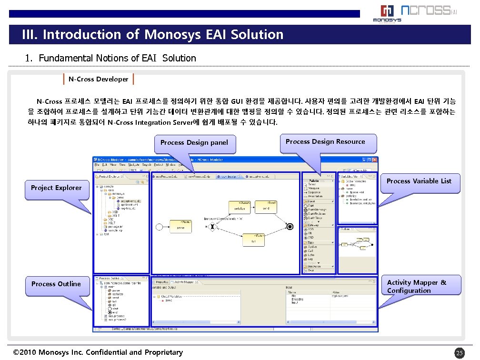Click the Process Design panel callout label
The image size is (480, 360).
point(194,143)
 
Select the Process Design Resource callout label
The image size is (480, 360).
point(325,142)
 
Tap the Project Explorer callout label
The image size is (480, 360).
point(56,188)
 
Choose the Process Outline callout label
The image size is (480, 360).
point(56,284)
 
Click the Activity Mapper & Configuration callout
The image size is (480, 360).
point(417,287)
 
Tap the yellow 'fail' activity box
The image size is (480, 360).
point(253,240)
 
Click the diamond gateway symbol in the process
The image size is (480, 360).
point(213,227)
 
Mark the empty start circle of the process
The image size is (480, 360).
point(160,227)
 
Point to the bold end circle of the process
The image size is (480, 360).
point(289,226)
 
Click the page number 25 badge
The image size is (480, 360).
point(459,353)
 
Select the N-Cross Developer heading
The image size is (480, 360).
point(99,79)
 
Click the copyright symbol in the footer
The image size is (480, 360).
point(17,353)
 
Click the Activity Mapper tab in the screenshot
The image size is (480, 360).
point(181,282)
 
